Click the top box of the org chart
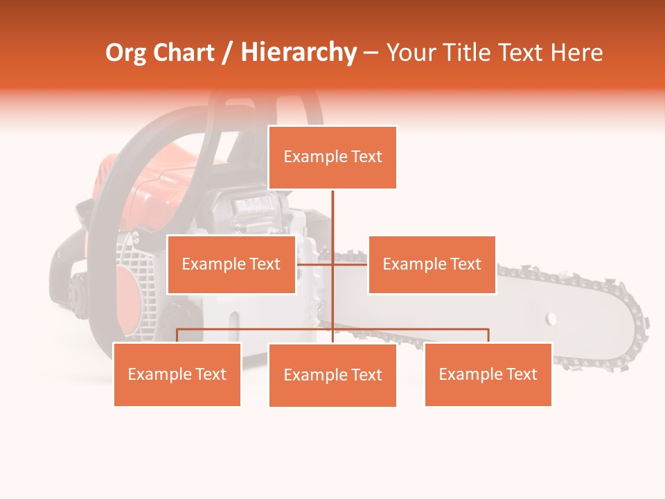coord(332,157)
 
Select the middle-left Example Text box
coord(231,264)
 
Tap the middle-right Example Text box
coord(432,264)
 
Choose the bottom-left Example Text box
coord(177,374)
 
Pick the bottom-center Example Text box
coord(332,375)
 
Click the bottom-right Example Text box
coord(488,374)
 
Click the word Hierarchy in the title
coord(299,53)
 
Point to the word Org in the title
coord(125,53)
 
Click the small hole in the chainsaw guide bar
coord(551,319)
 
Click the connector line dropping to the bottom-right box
coord(488,335)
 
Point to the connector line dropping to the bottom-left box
coord(177,335)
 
